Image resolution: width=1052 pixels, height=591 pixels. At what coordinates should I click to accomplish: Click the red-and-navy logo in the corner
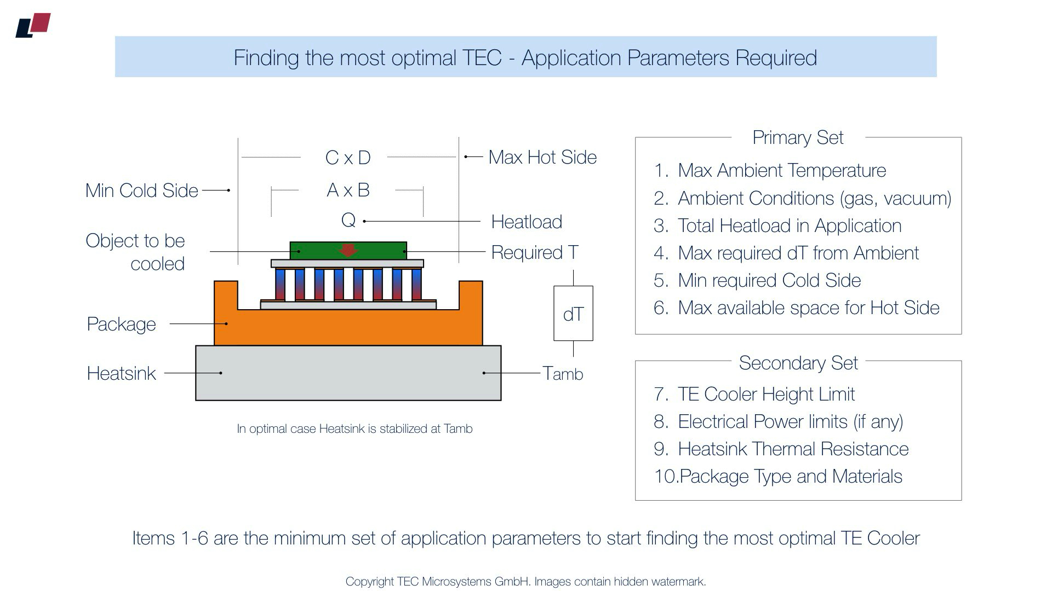(33, 25)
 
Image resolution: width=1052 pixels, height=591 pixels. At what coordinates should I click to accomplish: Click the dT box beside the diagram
(573, 314)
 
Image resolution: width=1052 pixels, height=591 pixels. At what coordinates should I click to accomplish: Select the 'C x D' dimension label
(348, 158)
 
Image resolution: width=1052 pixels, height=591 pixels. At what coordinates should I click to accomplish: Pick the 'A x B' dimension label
(348, 190)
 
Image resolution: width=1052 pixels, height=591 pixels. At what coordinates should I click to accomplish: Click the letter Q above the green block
(348, 220)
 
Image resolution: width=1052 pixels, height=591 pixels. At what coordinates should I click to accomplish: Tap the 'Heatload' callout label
(527, 222)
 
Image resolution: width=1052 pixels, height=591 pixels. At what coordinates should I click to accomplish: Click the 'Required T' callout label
(535, 252)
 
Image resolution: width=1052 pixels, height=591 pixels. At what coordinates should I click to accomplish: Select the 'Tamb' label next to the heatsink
(563, 374)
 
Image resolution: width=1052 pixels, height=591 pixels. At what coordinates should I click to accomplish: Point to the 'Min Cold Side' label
(141, 190)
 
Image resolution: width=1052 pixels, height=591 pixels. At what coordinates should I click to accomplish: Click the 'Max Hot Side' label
(542, 157)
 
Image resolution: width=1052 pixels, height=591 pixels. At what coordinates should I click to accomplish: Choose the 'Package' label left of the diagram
(121, 324)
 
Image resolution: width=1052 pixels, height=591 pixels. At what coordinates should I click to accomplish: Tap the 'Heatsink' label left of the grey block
(121, 373)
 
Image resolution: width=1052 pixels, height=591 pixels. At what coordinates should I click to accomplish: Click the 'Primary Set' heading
(798, 137)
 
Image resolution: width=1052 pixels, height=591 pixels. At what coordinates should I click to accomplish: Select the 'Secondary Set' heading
(798, 363)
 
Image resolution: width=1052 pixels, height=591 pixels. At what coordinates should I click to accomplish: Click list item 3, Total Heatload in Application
(789, 225)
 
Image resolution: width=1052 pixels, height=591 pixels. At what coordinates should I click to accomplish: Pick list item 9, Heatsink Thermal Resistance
(793, 449)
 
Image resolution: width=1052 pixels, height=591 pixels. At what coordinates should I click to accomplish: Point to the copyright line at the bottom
(525, 581)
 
